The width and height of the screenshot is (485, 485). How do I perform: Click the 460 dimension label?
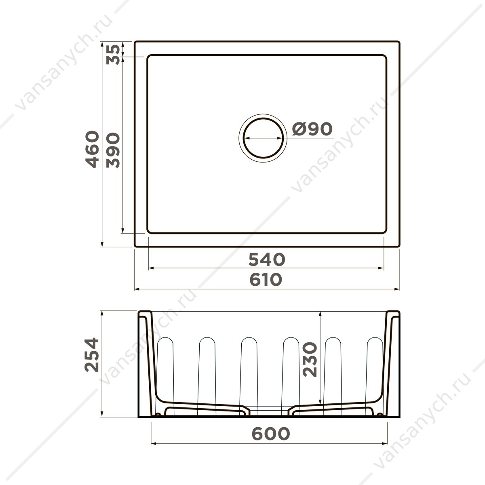(x=92, y=149)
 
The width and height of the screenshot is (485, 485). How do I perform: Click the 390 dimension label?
(x=113, y=150)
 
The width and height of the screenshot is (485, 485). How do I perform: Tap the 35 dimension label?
(x=113, y=55)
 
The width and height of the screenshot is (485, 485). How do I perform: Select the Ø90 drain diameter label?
(x=312, y=129)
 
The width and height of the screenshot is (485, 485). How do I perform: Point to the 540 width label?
(x=266, y=259)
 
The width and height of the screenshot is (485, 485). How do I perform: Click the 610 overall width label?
(x=266, y=280)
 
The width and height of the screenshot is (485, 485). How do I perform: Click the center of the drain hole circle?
(x=263, y=138)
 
